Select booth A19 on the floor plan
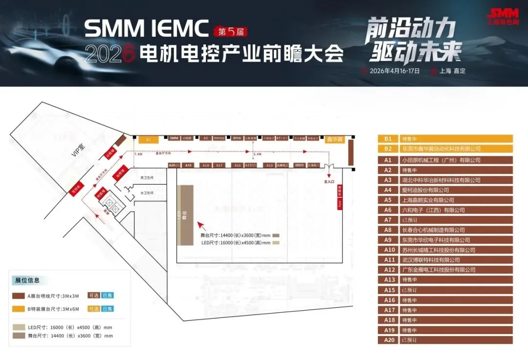tap(189, 166)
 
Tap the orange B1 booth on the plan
tap(148, 139)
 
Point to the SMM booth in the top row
tap(174, 138)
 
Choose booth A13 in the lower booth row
tap(269, 166)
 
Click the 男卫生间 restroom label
tap(147, 177)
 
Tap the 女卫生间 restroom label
tap(147, 193)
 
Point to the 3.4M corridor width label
tap(257, 154)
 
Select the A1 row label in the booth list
tap(388, 160)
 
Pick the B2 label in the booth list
tap(388, 148)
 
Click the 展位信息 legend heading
tap(27, 280)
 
